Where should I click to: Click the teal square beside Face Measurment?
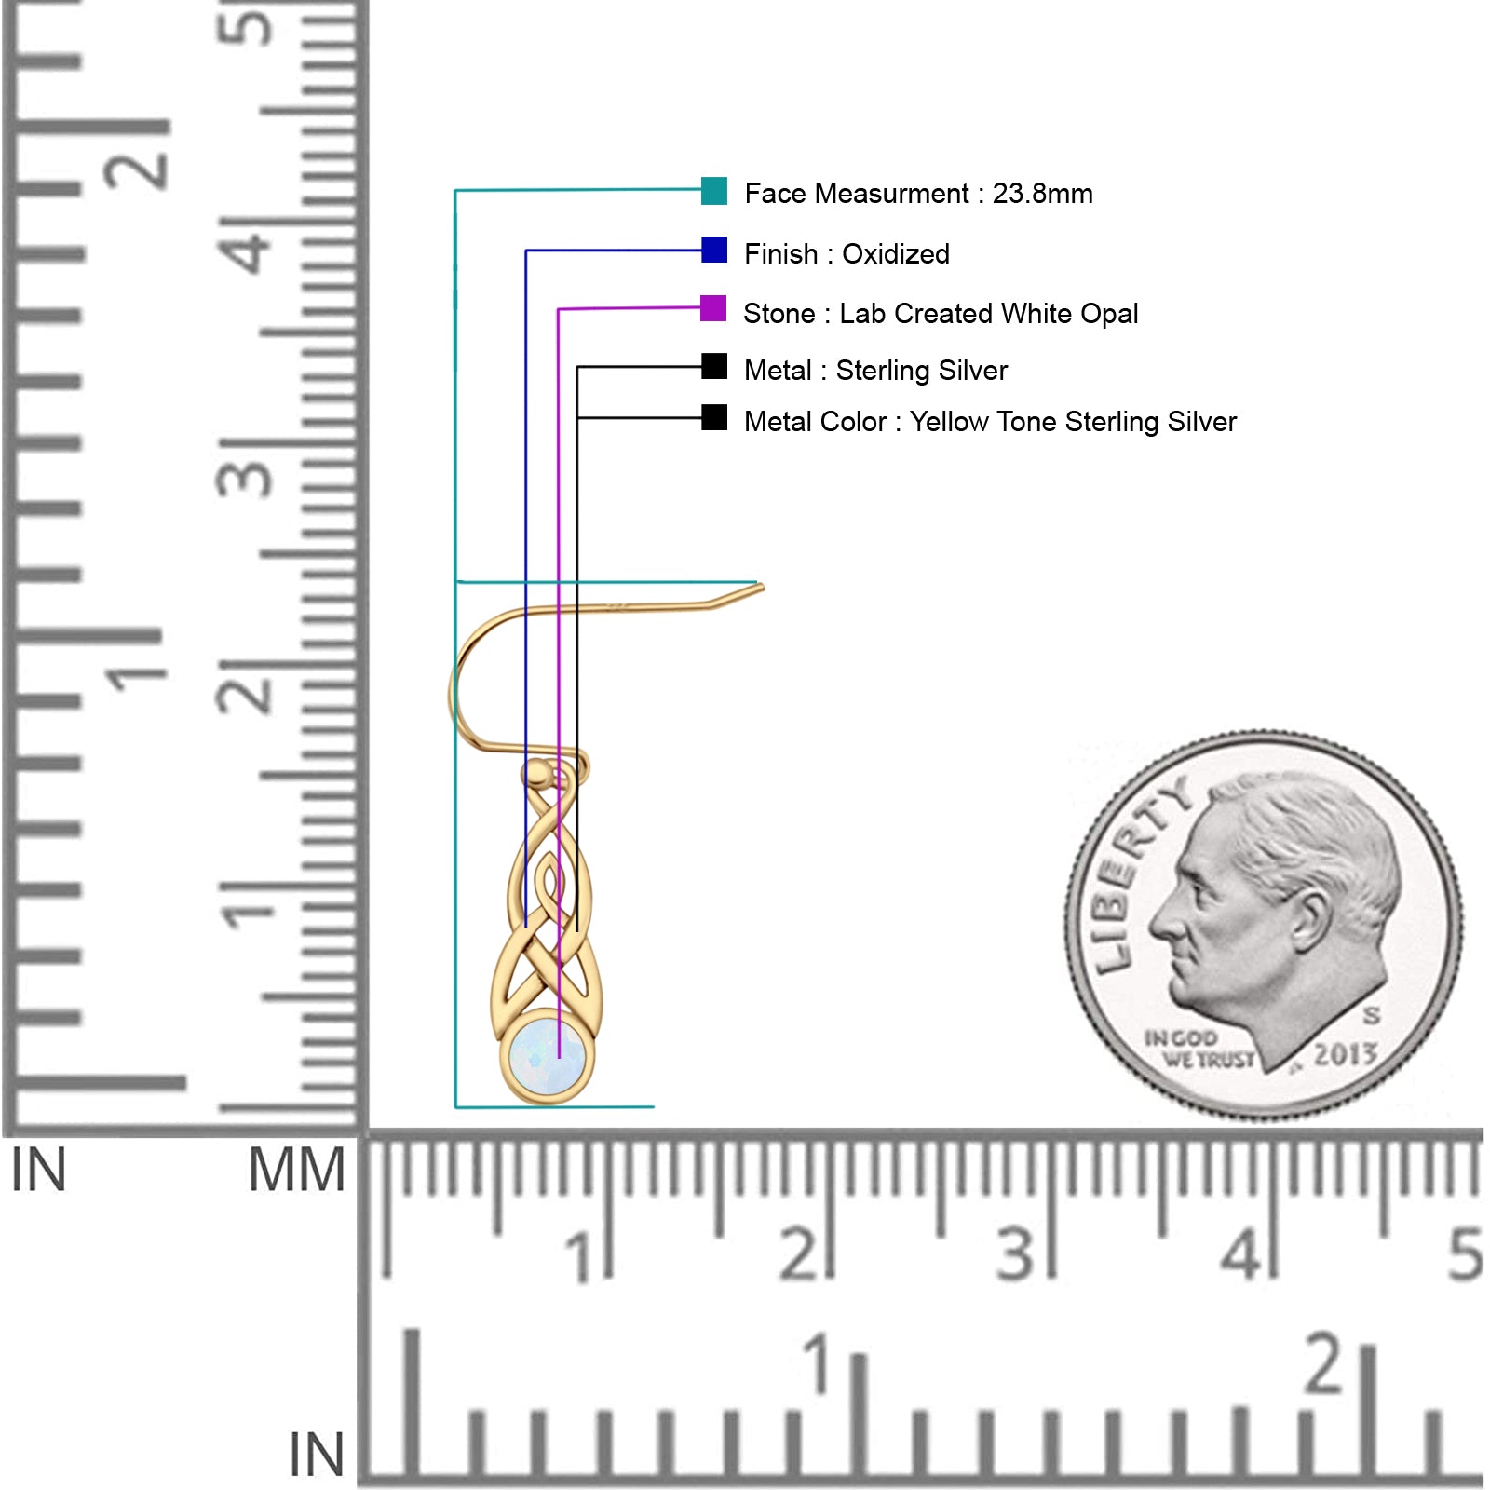[x=714, y=191]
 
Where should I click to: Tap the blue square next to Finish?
[x=714, y=251]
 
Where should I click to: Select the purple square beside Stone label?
[x=713, y=308]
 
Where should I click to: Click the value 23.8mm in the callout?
[x=1042, y=194]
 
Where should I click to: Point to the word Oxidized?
[x=896, y=254]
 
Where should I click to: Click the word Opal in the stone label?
[x=1109, y=314]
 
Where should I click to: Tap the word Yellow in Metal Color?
[x=949, y=422]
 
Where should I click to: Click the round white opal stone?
[x=548, y=1057]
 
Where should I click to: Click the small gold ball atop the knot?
[x=535, y=772]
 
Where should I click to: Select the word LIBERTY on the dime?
[x=1136, y=875]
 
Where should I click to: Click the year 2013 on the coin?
[x=1345, y=1054]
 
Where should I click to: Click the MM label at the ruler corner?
[x=296, y=1171]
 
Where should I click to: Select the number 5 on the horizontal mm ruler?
[x=1464, y=1254]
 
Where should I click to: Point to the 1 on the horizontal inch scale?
[x=818, y=1363]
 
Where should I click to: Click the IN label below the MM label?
[x=317, y=1455]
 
